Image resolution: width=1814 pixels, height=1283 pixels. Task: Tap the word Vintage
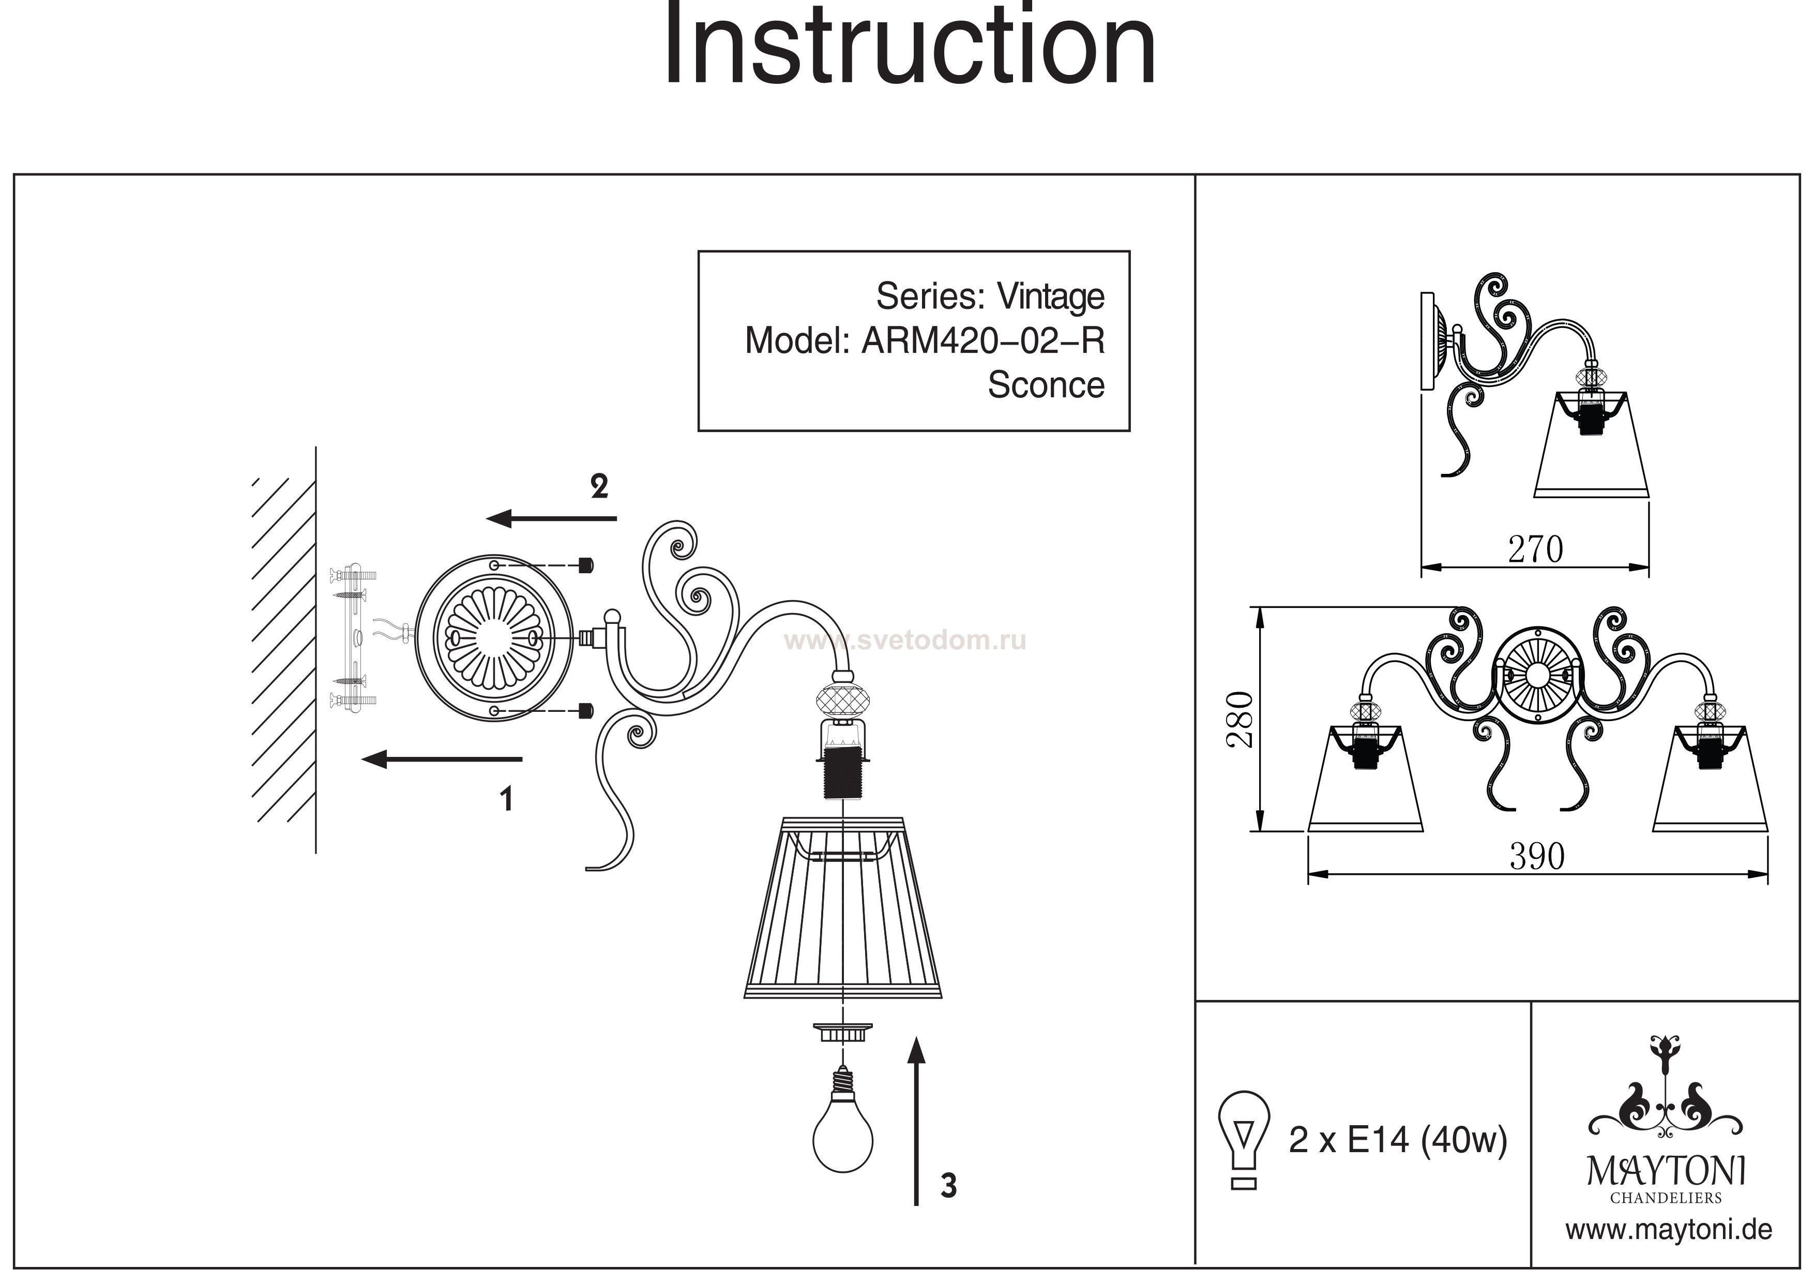[x=1050, y=297]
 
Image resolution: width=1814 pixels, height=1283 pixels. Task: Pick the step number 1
[x=506, y=799]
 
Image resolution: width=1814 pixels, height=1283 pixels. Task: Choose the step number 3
[x=948, y=1186]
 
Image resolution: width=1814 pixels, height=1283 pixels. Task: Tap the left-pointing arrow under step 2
[x=551, y=518]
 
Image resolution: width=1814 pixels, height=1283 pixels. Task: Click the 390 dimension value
[x=1537, y=856]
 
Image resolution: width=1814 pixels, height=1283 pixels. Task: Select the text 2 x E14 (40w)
[x=1398, y=1140]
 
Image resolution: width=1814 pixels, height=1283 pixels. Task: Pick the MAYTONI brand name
[x=1666, y=1171]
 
